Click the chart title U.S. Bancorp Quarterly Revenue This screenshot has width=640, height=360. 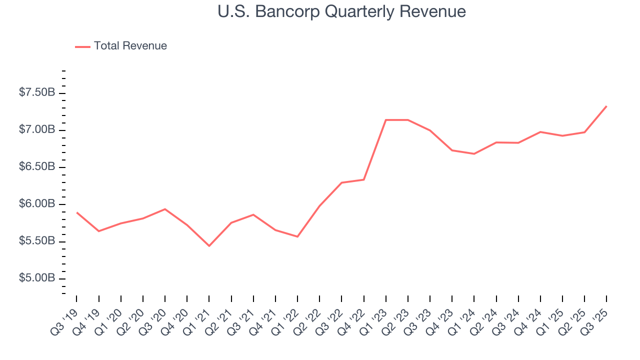[341, 11]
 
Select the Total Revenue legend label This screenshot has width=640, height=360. [130, 46]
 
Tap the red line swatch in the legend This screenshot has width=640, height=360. [82, 46]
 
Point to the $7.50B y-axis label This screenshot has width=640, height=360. [36, 93]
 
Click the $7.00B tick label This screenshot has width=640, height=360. [36, 130]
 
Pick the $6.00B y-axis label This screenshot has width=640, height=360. [36, 204]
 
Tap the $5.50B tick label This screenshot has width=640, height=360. [36, 241]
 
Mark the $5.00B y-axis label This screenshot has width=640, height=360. [36, 278]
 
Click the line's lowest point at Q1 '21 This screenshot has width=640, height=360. [209, 246]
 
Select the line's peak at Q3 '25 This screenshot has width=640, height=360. [606, 106]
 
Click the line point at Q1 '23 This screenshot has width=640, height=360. [386, 120]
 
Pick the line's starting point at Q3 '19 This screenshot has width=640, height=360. [77, 212]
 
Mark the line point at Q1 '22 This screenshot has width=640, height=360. [297, 236]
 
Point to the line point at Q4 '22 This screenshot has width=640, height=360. [364, 179]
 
